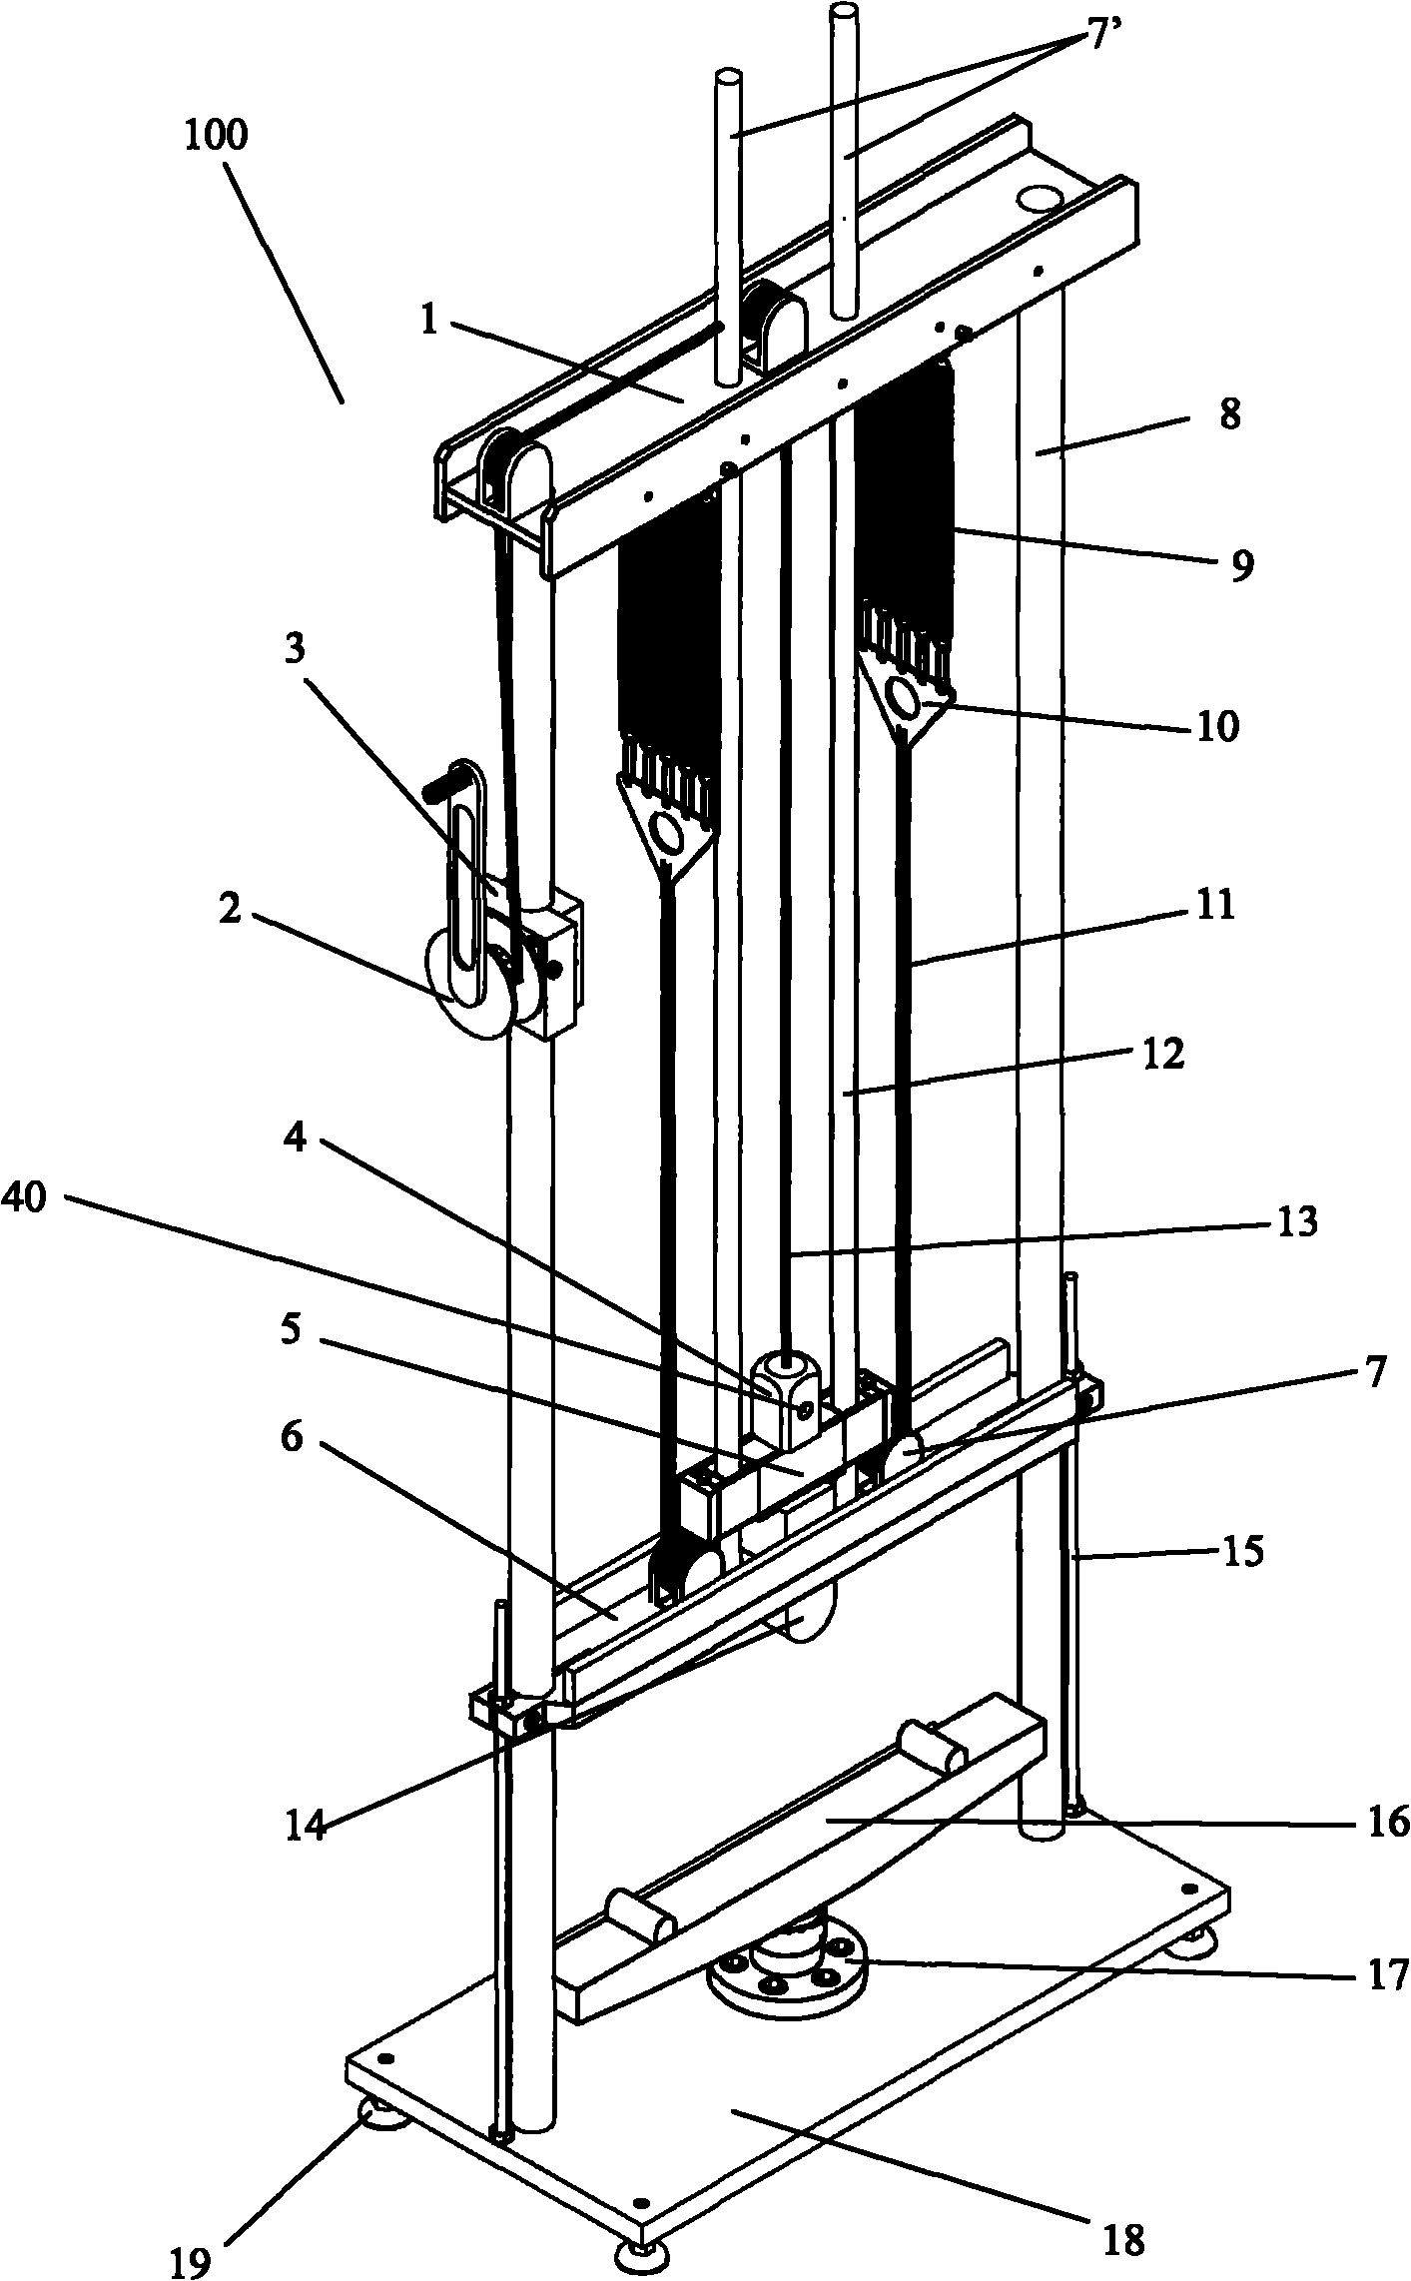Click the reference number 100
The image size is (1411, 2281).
(215, 136)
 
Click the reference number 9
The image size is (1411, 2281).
(1239, 565)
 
